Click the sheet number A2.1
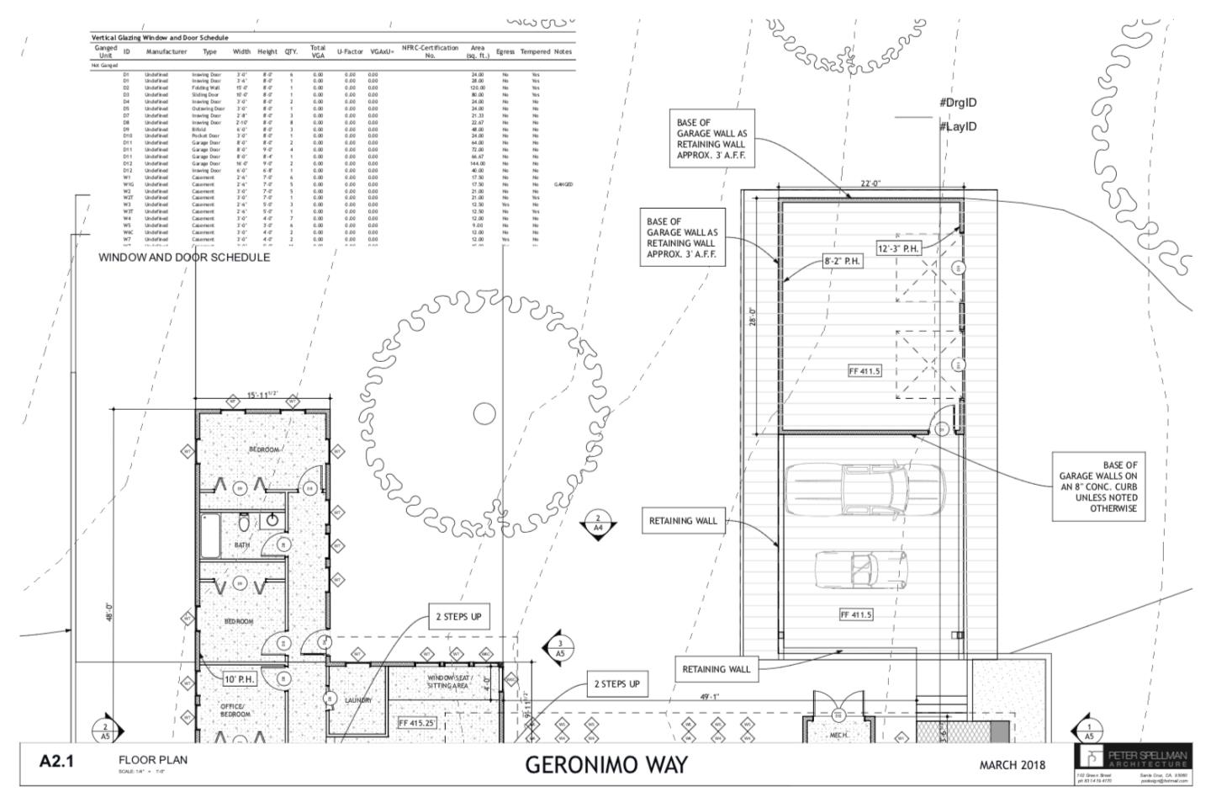click(x=56, y=762)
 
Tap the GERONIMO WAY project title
click(x=605, y=764)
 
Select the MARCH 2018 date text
click(x=1012, y=764)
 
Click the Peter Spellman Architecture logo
click(x=1132, y=758)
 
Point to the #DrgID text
click(x=958, y=103)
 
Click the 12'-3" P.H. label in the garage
click(x=898, y=248)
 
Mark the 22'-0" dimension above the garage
click(x=870, y=183)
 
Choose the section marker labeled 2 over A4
click(x=598, y=524)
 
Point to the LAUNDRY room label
click(x=357, y=699)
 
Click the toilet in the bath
click(x=244, y=524)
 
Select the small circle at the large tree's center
click(x=484, y=413)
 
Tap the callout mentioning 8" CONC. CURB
click(x=1097, y=486)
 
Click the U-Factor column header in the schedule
click(x=349, y=51)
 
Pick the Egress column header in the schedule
click(x=505, y=51)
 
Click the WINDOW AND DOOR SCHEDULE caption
click(x=184, y=257)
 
